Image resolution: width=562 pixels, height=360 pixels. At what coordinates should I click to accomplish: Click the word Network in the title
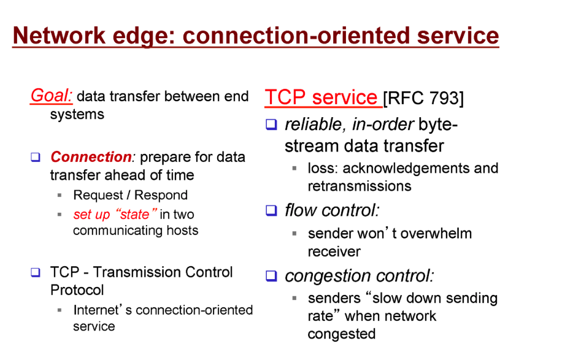(x=59, y=36)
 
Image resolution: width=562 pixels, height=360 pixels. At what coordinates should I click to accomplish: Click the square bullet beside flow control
(x=271, y=210)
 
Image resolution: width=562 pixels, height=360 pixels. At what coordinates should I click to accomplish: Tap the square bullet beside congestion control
(x=271, y=276)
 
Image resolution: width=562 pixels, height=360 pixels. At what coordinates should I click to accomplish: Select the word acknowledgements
(x=406, y=169)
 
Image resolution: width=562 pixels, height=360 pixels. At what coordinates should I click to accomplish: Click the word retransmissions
(x=360, y=186)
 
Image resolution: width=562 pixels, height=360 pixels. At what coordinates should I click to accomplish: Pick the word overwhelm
(x=436, y=233)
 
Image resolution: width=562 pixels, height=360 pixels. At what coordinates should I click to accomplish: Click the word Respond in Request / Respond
(x=161, y=195)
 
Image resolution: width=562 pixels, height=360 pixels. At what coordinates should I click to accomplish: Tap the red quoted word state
(x=135, y=214)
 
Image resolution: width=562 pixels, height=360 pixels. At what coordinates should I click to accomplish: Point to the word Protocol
(x=77, y=290)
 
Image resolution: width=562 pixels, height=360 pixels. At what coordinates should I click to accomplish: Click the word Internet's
(x=102, y=310)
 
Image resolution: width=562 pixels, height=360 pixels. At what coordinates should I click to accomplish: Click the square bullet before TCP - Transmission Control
(x=36, y=272)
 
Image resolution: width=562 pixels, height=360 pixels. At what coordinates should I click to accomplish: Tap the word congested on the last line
(x=342, y=334)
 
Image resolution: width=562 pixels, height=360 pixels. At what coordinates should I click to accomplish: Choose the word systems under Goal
(x=77, y=115)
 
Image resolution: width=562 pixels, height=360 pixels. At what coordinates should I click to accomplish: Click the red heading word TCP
(x=285, y=97)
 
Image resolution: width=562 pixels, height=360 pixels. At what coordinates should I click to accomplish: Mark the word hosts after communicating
(x=182, y=231)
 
